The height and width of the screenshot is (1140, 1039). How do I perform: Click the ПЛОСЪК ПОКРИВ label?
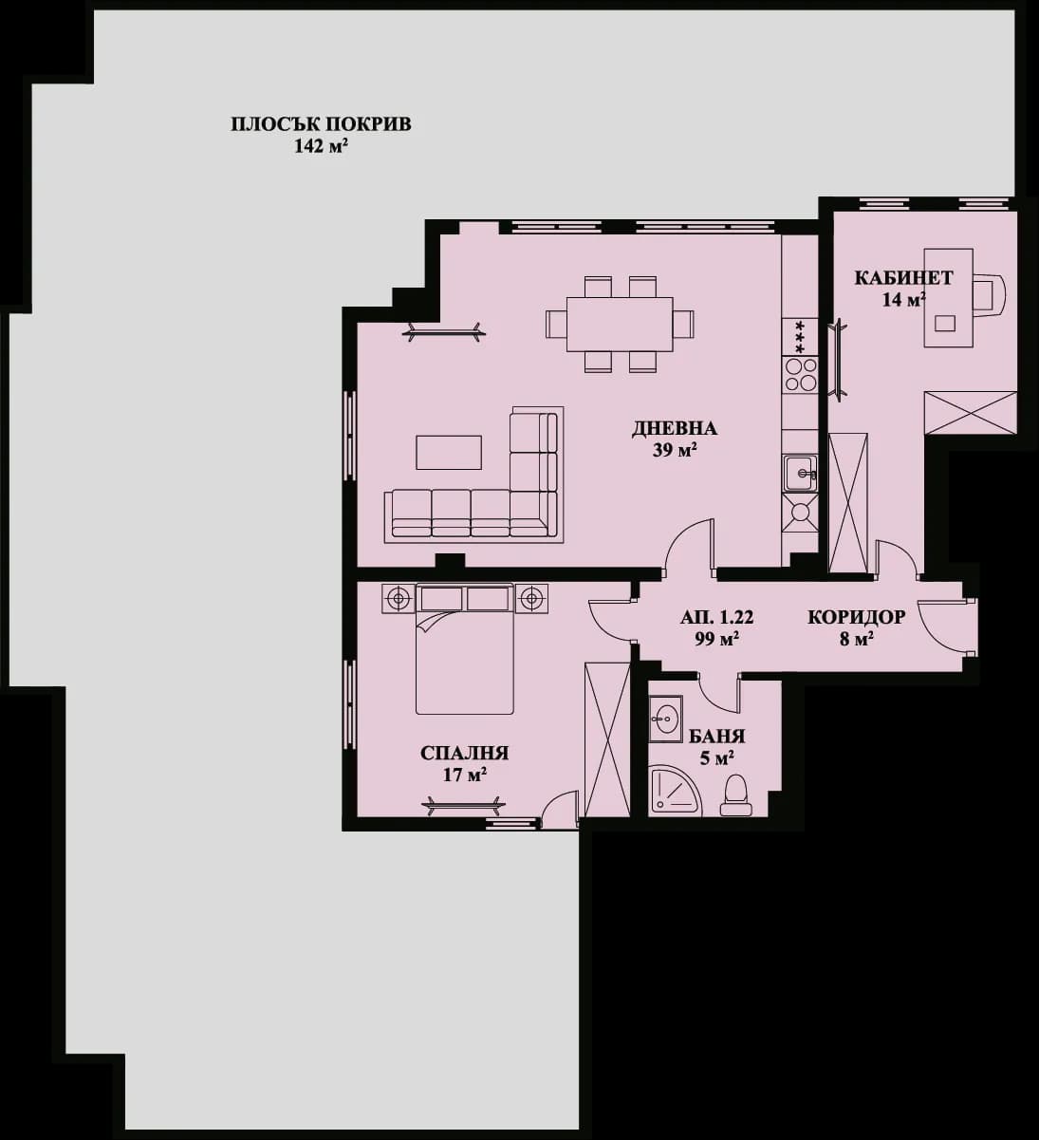[322, 124]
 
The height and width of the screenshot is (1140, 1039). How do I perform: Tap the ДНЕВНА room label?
[675, 429]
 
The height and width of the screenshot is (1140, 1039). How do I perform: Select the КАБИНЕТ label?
[903, 278]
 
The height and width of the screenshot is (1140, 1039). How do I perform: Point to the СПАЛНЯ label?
[465, 754]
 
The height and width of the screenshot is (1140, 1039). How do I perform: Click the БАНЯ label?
[716, 737]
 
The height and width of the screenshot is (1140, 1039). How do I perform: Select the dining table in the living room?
[619, 324]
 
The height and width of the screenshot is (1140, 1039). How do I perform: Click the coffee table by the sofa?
[449, 452]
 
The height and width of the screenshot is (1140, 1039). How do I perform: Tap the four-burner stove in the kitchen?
[799, 375]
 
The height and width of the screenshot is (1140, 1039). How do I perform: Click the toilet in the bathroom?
[736, 795]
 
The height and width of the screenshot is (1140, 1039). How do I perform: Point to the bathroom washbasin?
[665, 717]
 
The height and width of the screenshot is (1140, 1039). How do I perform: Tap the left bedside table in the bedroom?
[398, 599]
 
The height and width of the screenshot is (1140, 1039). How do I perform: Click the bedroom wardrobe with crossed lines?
[607, 739]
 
